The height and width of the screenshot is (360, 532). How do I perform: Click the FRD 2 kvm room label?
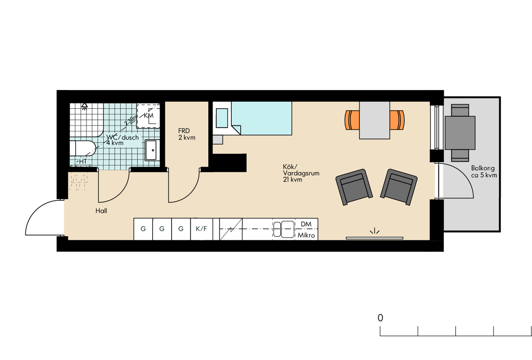187,134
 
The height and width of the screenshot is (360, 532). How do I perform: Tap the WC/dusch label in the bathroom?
122,137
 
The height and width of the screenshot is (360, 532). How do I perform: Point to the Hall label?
101,211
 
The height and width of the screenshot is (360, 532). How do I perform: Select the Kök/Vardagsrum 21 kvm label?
301,173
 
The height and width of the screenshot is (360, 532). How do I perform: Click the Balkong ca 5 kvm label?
484,172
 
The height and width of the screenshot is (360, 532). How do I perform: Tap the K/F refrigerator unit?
201,229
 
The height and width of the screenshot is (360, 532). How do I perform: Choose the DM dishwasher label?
306,224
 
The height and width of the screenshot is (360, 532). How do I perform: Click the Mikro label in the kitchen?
306,235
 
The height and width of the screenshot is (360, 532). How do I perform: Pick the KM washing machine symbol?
148,116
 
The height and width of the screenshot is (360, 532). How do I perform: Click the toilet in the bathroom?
82,149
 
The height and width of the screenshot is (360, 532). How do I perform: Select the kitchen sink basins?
284,229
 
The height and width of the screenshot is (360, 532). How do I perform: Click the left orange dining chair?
352,120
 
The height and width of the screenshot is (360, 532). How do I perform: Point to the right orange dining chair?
397,120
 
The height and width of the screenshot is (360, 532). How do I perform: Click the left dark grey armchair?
354,187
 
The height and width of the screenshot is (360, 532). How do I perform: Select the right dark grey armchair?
399,187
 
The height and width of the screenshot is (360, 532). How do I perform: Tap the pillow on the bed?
222,118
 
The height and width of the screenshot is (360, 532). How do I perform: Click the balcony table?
460,133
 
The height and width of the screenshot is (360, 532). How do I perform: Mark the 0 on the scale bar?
380,318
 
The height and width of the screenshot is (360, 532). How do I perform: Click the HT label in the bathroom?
83,161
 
